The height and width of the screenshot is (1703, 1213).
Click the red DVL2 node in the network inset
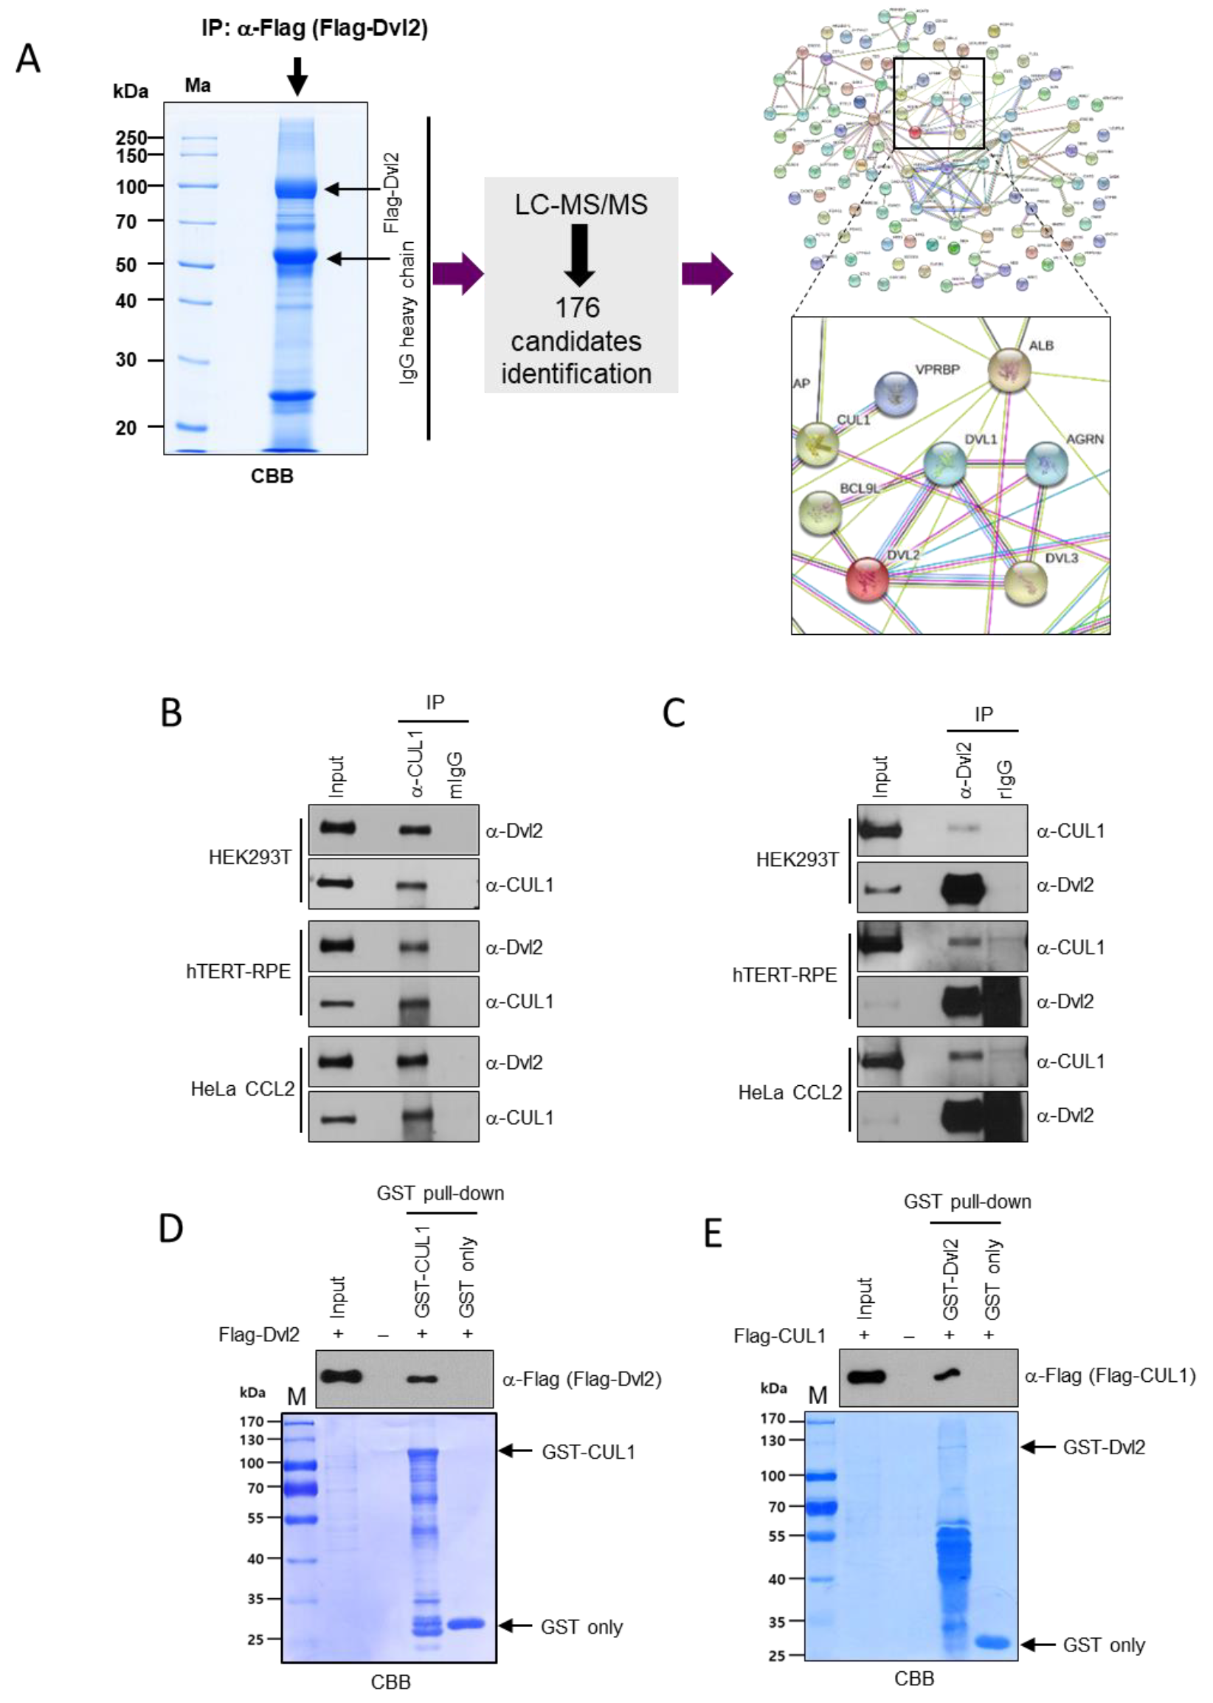point(867,579)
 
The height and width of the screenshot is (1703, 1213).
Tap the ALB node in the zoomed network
point(1009,370)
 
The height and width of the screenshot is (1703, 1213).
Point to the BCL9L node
point(820,513)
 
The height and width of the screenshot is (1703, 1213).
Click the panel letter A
point(28,58)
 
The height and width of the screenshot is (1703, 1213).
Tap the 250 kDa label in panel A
point(131,137)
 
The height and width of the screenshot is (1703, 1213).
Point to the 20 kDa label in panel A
point(125,427)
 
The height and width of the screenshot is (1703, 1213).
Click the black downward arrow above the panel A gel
point(297,75)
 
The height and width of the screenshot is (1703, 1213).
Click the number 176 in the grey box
point(577,307)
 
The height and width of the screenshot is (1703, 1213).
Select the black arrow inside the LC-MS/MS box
point(580,255)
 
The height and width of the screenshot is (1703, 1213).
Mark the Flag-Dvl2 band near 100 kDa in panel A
point(297,187)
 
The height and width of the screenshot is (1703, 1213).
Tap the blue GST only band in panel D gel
point(466,1625)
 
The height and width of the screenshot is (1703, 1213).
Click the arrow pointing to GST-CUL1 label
point(515,1451)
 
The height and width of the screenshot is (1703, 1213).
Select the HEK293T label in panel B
point(249,857)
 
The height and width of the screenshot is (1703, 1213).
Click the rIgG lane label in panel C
point(1006,779)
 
